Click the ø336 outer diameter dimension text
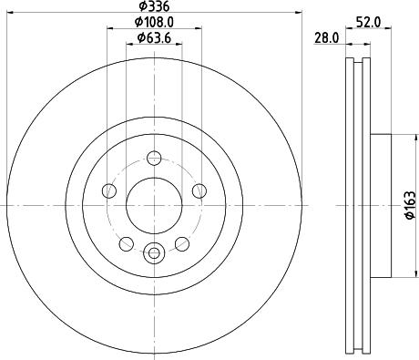[x=154, y=6]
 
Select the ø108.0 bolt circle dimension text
[x=154, y=21]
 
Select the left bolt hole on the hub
[x=109, y=190]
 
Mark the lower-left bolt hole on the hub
[x=127, y=243]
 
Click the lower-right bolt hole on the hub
[x=182, y=243]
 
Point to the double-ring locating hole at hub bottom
[x=154, y=253]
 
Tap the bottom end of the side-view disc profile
[x=358, y=352]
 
